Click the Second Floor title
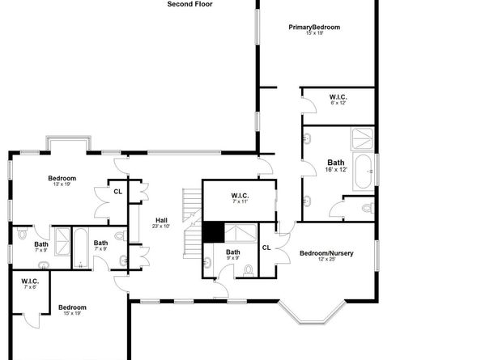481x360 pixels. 189,4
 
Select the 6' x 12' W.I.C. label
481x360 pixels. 338,100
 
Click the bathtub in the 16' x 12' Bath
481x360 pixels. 364,172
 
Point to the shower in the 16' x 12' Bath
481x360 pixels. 362,138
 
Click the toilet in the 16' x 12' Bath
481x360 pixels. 368,209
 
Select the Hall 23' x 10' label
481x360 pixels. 161,223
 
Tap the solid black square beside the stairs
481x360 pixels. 214,232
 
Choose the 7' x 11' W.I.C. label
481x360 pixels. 240,198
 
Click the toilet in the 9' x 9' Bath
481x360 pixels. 248,271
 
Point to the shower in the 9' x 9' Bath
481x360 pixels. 240,233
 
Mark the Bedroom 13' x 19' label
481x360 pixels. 62,180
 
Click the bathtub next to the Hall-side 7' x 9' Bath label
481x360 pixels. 81,248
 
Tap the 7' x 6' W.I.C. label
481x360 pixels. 30,284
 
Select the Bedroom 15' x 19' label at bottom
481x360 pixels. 72,310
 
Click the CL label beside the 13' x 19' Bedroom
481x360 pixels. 117,192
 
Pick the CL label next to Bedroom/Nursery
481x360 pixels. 266,248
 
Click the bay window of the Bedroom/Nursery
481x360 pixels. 312,312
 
